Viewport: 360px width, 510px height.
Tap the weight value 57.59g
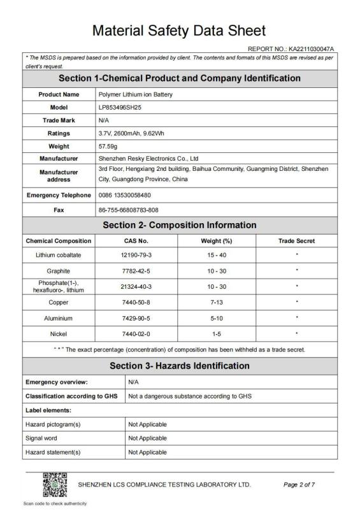109,146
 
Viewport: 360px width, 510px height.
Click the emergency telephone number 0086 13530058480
126,194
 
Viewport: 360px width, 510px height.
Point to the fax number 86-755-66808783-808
129,210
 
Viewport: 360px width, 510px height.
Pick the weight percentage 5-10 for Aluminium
216,317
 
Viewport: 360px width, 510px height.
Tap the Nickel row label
58,333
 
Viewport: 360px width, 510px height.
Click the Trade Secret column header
296,241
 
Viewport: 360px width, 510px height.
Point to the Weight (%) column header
216,241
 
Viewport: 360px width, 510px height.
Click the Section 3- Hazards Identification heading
179,365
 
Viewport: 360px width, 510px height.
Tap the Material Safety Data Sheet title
179,31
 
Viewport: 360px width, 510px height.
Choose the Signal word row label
42,438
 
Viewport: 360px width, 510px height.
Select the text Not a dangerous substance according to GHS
190,396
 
